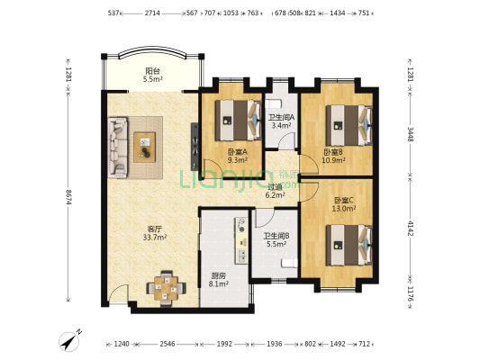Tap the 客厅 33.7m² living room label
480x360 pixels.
click(x=155, y=233)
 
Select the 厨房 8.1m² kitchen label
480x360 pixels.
click(x=219, y=280)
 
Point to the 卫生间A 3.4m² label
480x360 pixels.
click(x=281, y=121)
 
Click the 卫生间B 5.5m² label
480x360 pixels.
click(x=276, y=239)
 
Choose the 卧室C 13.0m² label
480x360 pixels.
click(x=344, y=204)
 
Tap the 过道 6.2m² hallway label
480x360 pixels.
click(x=276, y=191)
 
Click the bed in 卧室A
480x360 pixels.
click(x=238, y=121)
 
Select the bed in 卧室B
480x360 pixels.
click(x=349, y=125)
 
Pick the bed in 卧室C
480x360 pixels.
click(x=349, y=246)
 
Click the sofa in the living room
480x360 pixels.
click(x=118, y=148)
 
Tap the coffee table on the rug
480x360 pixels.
click(x=144, y=147)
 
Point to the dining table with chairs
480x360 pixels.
click(x=167, y=288)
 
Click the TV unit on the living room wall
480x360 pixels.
click(x=195, y=147)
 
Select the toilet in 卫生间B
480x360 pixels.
click(x=289, y=263)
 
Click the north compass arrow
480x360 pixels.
click(x=71, y=340)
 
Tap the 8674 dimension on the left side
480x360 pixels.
click(x=68, y=198)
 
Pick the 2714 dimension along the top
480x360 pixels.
click(x=152, y=13)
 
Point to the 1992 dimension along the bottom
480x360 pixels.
click(x=224, y=344)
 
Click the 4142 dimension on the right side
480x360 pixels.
click(x=410, y=229)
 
